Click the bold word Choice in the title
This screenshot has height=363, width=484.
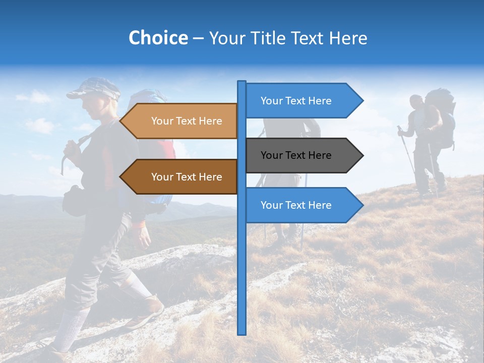pos(158,38)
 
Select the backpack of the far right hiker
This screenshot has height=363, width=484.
pos(440,118)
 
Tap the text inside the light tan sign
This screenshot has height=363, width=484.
pos(187,121)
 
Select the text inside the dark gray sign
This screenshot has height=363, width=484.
pos(296,155)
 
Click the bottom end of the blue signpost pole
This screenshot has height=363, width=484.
pos(242,333)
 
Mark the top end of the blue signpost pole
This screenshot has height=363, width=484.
pos(242,83)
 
